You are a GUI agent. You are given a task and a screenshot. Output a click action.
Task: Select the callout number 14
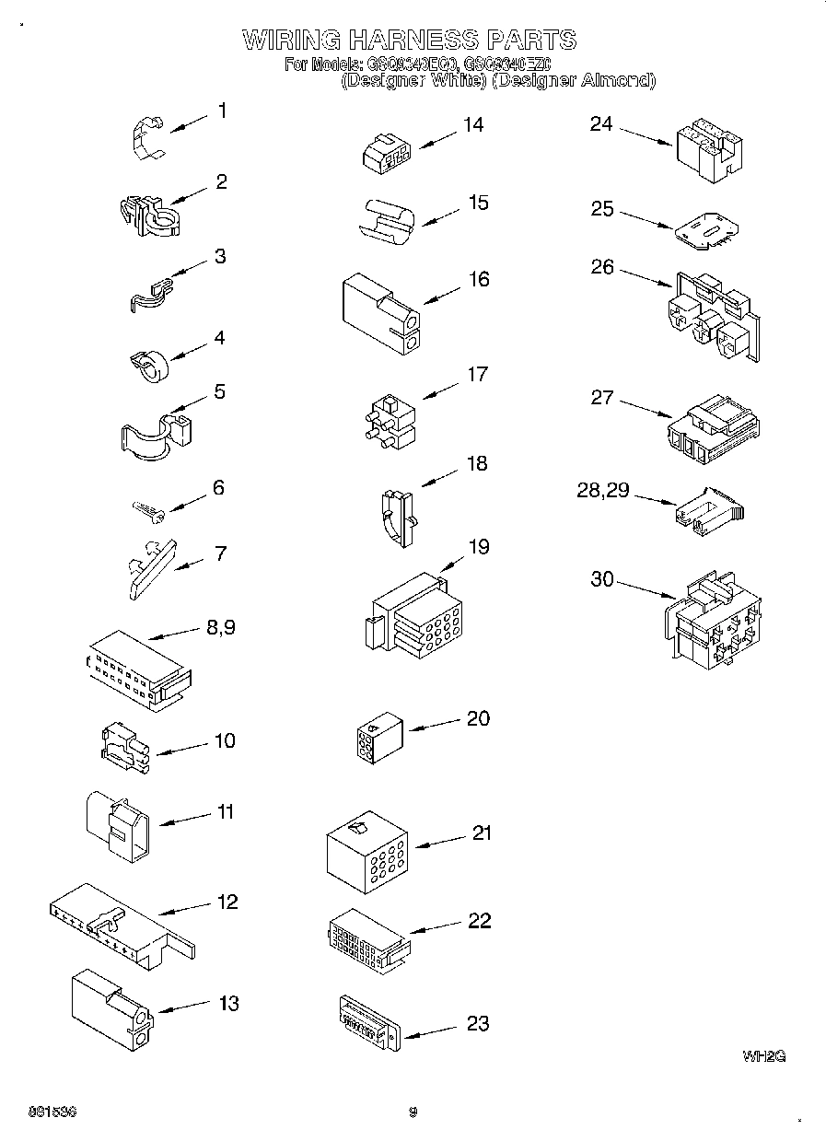click(x=472, y=125)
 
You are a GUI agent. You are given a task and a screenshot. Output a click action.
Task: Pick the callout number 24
click(x=601, y=123)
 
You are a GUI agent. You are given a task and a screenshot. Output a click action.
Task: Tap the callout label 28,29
click(x=602, y=491)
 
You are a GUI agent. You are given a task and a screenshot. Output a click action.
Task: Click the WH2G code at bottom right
click(x=763, y=1056)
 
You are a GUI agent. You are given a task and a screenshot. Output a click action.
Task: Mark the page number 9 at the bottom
click(x=413, y=1112)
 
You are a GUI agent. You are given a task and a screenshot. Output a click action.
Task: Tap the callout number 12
click(x=227, y=902)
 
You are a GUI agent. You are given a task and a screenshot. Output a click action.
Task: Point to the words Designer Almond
click(x=573, y=80)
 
